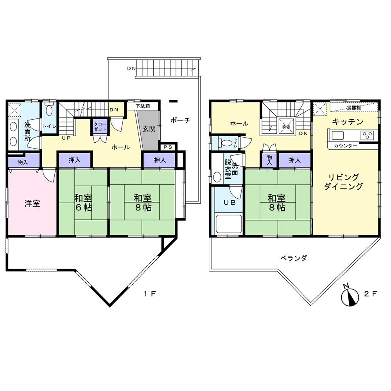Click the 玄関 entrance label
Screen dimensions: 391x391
tap(149, 129)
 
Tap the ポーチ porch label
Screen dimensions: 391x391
tap(180, 120)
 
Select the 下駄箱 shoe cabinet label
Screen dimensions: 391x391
tap(143, 106)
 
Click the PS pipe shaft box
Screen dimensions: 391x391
tap(168, 147)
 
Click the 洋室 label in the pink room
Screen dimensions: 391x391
tap(32, 203)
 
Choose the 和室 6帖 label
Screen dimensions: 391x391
tap(83, 203)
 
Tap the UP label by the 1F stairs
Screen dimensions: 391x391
tap(66, 138)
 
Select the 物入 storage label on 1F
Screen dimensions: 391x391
tap(23, 162)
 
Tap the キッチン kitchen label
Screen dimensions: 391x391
tap(348, 122)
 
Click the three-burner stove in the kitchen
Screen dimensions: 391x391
tap(367, 136)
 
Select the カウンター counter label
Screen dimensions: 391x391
tap(345, 146)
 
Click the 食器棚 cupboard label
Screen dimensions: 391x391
tap(353, 108)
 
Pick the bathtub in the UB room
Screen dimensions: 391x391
tap(229, 224)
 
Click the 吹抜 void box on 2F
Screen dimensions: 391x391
tap(286, 127)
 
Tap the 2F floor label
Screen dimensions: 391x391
tap(370, 294)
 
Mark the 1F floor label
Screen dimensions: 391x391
tap(150, 294)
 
